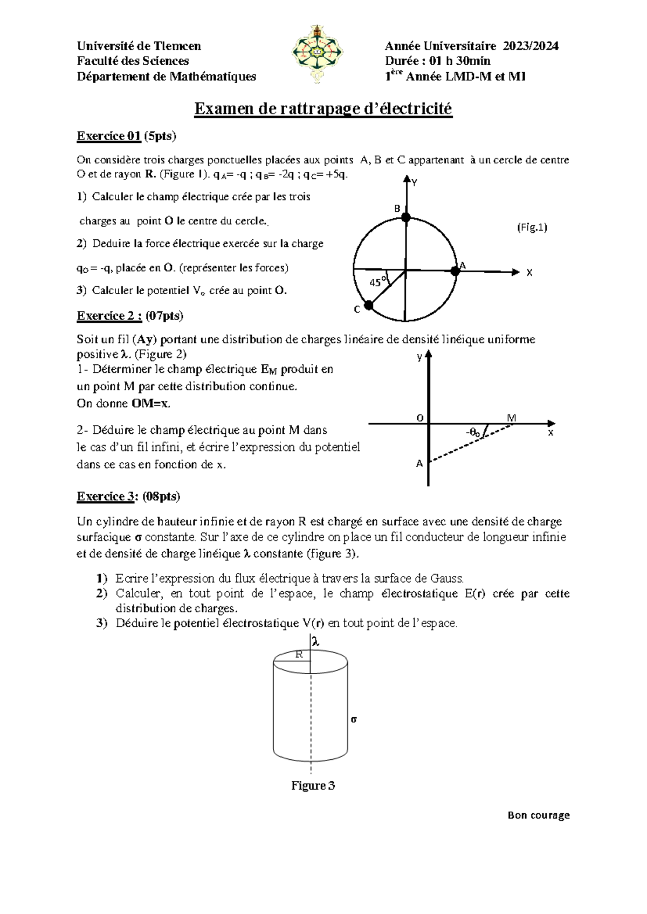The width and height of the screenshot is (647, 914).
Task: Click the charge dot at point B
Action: point(406,218)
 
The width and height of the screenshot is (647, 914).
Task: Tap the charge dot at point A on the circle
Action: point(455,272)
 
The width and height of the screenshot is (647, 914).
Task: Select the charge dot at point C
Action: point(369,306)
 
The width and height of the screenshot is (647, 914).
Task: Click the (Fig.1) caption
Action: point(532,227)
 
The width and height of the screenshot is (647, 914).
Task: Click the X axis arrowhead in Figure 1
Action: point(516,272)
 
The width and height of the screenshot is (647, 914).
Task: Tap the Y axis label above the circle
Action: point(414,183)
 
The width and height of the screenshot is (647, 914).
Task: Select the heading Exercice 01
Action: point(109,136)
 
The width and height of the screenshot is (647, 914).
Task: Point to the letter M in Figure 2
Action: point(511,418)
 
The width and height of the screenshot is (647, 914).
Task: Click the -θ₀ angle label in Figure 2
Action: point(473,432)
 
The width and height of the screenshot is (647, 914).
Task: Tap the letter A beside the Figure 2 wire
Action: point(419,463)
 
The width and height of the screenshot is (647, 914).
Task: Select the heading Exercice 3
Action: point(105,496)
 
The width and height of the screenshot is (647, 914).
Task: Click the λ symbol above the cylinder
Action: point(316,642)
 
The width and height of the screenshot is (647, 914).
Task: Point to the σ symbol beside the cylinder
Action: point(354,719)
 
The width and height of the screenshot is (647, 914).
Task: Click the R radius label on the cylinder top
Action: point(298,654)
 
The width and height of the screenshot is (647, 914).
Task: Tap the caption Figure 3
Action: point(313,786)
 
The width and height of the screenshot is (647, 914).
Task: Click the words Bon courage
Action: point(539,815)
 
